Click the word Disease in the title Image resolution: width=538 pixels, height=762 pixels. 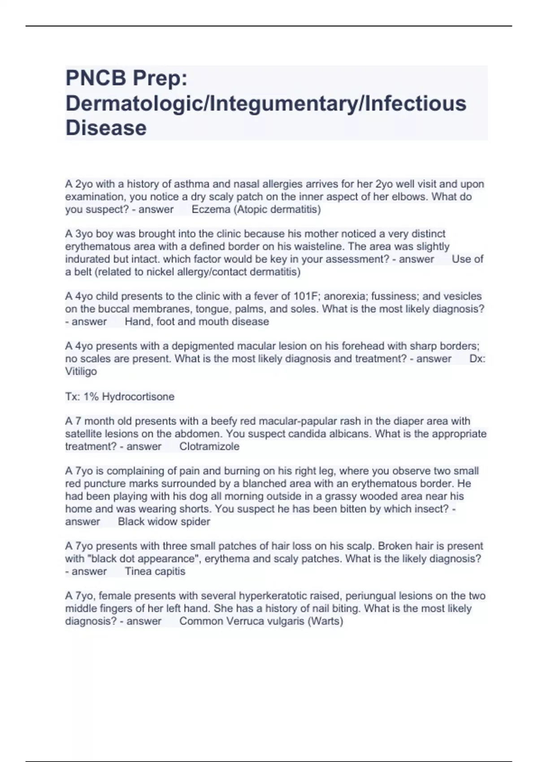(x=106, y=128)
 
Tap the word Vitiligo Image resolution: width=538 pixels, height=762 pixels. (x=81, y=371)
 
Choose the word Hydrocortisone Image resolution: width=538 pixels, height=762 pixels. (x=138, y=397)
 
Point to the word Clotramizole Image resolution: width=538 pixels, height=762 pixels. (x=209, y=446)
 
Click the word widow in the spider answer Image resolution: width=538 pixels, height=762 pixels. (x=159, y=522)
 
